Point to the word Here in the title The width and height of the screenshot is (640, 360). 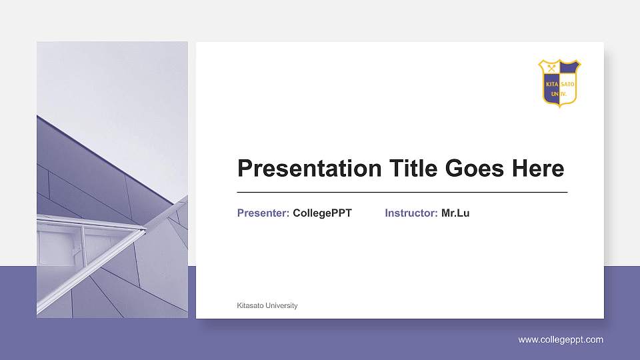537,169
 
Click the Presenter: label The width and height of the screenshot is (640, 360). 263,213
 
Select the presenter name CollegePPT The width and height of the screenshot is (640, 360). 322,213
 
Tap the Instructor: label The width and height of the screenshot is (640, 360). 411,213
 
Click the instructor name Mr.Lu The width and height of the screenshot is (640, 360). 455,213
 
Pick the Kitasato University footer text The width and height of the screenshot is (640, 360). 267,306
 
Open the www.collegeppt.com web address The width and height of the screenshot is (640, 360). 561,340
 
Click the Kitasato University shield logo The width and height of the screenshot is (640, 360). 559,83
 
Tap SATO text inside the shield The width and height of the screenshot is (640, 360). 568,85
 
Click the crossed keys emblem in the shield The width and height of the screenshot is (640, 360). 551,68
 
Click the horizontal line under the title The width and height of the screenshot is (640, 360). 402,192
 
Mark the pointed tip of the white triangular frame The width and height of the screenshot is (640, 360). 144,231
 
